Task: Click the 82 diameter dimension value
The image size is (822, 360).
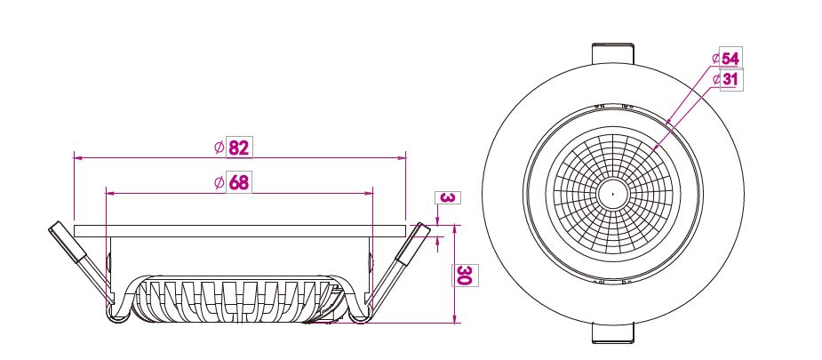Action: pyautogui.click(x=239, y=148)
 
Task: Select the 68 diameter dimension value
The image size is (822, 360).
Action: pyautogui.click(x=238, y=182)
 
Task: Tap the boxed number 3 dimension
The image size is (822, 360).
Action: pyautogui.click(x=447, y=198)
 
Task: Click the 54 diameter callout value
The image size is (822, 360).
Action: pyautogui.click(x=730, y=59)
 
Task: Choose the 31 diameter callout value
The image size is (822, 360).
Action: pyautogui.click(x=730, y=80)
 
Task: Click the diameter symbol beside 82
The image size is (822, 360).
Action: pyautogui.click(x=219, y=148)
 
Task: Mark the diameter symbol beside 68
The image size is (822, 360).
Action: pyautogui.click(x=219, y=183)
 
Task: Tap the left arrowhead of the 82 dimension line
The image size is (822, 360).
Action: pyautogui.click(x=77, y=156)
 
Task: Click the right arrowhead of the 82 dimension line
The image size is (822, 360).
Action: pyautogui.click(x=402, y=156)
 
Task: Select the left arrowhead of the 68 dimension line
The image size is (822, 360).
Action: pyautogui.click(x=109, y=194)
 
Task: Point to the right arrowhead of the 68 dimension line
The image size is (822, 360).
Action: pyautogui.click(x=370, y=194)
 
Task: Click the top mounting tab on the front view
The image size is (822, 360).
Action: pyautogui.click(x=613, y=53)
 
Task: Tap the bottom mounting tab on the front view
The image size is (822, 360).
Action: pyautogui.click(x=613, y=333)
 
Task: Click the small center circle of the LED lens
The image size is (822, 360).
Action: pyautogui.click(x=613, y=194)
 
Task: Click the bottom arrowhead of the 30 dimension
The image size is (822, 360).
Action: pyautogui.click(x=454, y=319)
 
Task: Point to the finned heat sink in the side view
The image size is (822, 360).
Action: pyautogui.click(x=240, y=300)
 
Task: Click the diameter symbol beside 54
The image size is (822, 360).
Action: pyautogui.click(x=716, y=59)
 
